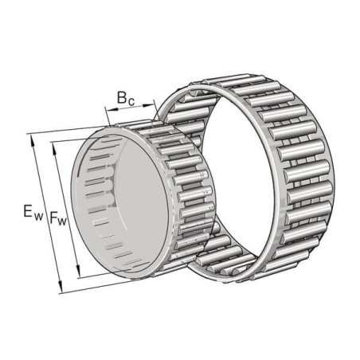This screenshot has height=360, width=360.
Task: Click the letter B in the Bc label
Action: (122, 97)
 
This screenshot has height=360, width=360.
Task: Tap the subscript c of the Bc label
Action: (131, 101)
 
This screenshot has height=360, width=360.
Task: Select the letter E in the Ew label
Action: (28, 212)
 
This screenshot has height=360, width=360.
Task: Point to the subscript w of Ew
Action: (38, 217)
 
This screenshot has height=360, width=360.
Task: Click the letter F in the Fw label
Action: (53, 217)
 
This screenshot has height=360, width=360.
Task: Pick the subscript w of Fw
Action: (62, 221)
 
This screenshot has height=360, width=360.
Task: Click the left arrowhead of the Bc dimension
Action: (112, 108)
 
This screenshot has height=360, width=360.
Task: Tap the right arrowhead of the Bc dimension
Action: (148, 106)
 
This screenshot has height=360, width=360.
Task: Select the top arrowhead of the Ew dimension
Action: (33, 141)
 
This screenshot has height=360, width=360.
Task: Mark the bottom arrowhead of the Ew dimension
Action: (61, 288)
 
